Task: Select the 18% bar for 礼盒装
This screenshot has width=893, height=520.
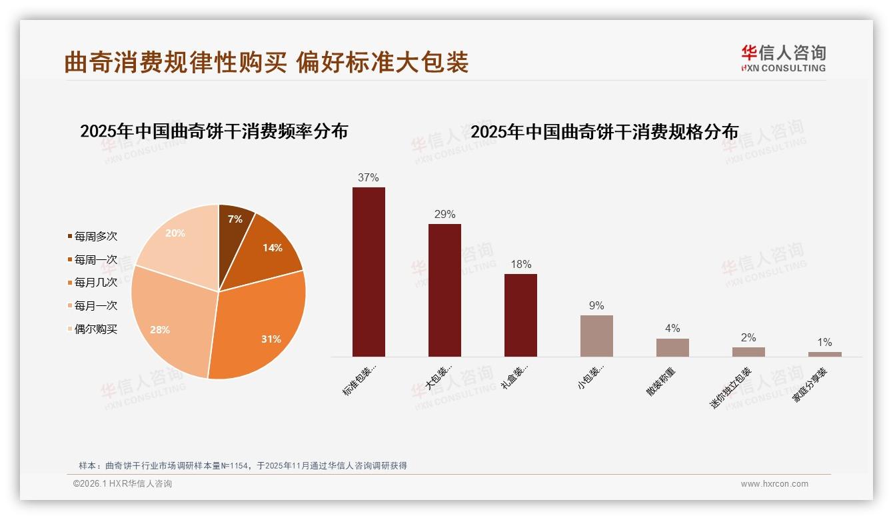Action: tap(520, 315)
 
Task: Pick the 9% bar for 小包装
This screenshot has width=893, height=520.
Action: tap(596, 336)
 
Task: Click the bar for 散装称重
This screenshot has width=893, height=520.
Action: tap(672, 347)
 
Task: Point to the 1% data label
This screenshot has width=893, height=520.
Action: tap(824, 343)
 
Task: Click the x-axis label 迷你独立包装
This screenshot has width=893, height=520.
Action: tap(731, 387)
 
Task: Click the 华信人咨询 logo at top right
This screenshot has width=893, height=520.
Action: tap(783, 59)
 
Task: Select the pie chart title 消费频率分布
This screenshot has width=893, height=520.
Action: tap(214, 131)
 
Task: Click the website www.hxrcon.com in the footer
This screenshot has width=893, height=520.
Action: tap(774, 484)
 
